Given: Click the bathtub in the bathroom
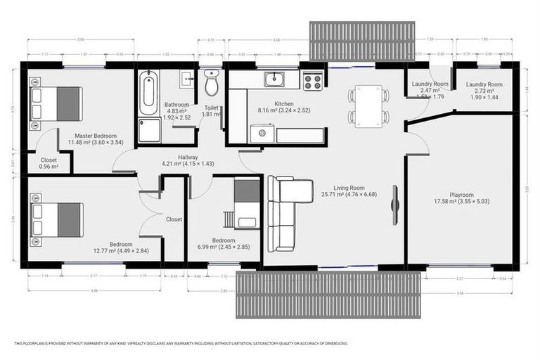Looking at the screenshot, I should pos(148,93).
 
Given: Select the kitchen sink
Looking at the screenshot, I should pos(274,79).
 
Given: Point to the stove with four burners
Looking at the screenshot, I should pos(311,81).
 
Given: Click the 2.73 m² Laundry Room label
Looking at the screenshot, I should pos(485,84).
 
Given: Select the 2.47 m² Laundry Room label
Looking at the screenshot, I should pos(430,84).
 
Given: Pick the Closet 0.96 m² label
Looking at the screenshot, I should pos(48,163).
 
